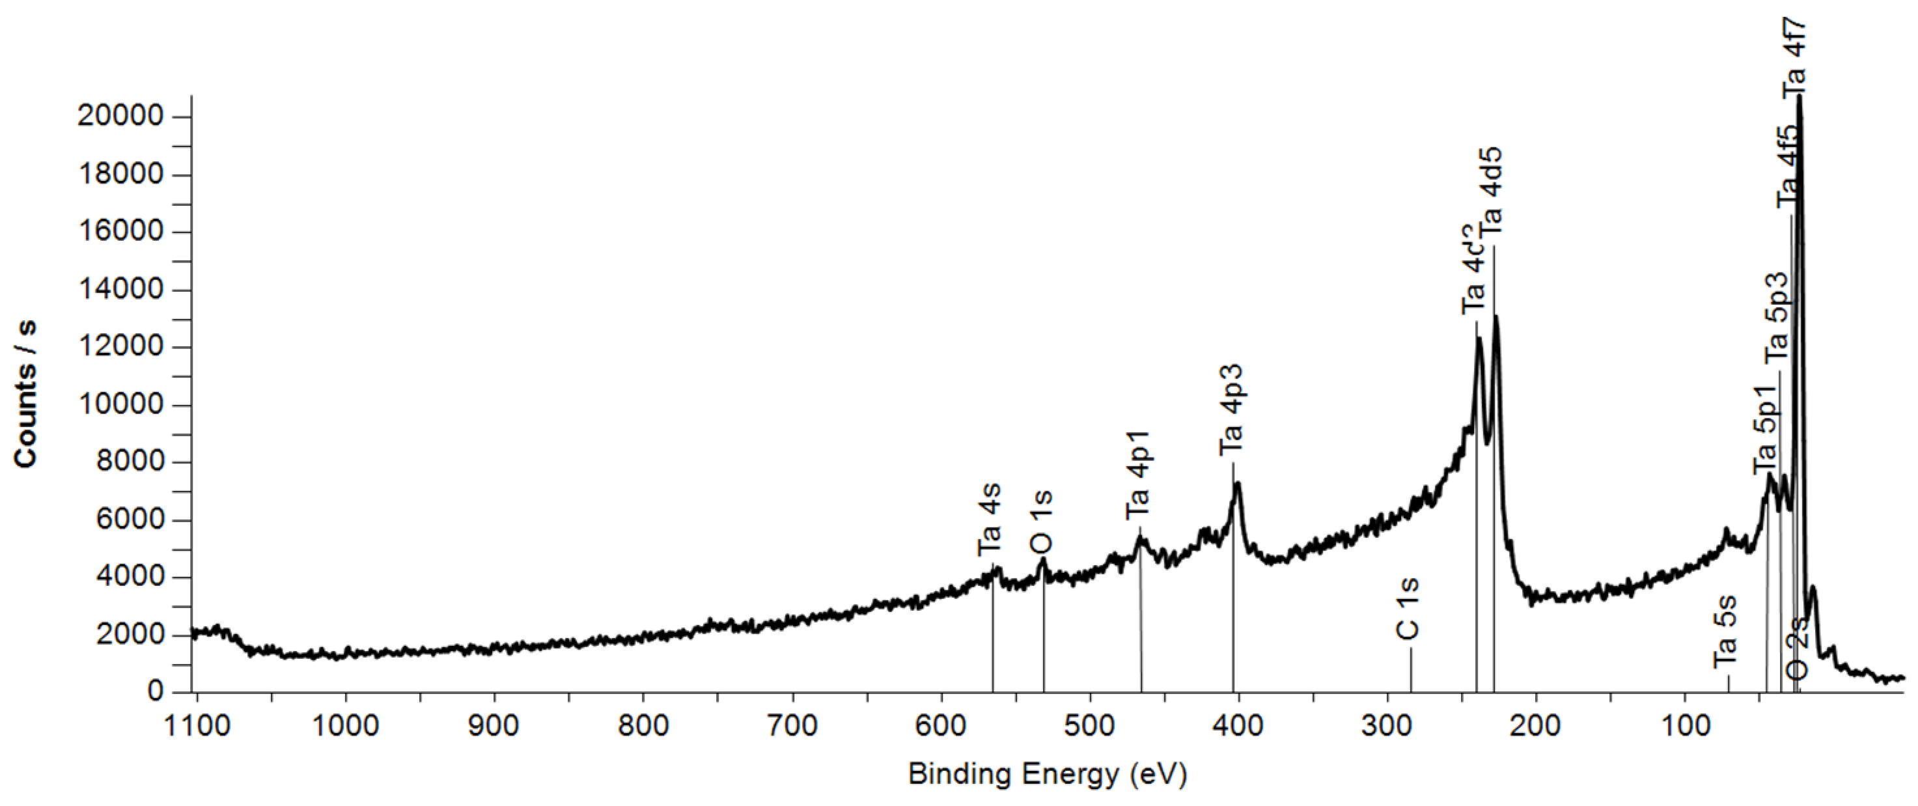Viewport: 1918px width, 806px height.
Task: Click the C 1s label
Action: (1407, 608)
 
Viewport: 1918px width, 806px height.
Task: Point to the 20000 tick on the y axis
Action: (120, 116)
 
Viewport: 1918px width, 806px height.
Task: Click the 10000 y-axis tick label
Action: (120, 405)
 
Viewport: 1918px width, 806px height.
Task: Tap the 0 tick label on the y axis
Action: (155, 691)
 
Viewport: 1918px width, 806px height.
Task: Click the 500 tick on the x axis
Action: (1090, 724)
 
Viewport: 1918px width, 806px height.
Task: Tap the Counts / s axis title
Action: (26, 394)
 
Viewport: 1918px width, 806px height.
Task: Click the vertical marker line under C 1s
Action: (1410, 670)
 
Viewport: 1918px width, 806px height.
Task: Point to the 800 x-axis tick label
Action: (643, 724)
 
